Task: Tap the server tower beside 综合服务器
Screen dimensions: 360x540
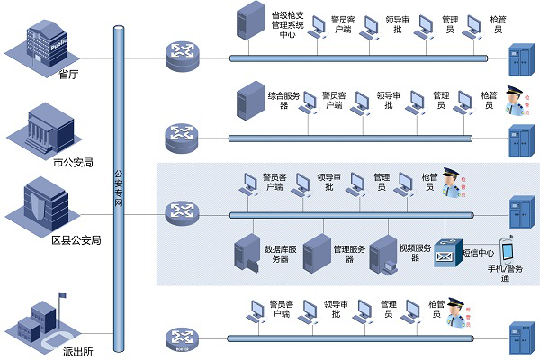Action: coord(246,105)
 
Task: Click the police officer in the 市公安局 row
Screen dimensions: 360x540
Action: coord(514,103)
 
